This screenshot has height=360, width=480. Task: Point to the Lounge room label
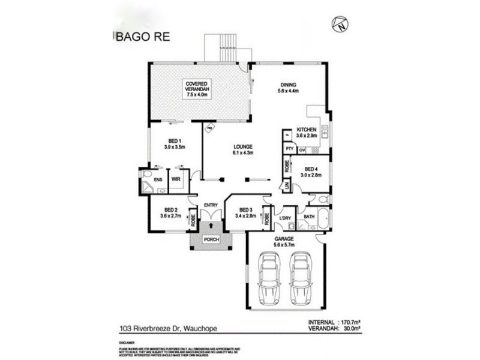pyautogui.click(x=244, y=149)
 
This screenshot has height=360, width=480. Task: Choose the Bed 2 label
pyautogui.click(x=170, y=212)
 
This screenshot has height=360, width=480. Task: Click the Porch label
pyautogui.click(x=211, y=241)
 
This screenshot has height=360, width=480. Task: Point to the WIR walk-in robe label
pyautogui.click(x=176, y=179)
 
